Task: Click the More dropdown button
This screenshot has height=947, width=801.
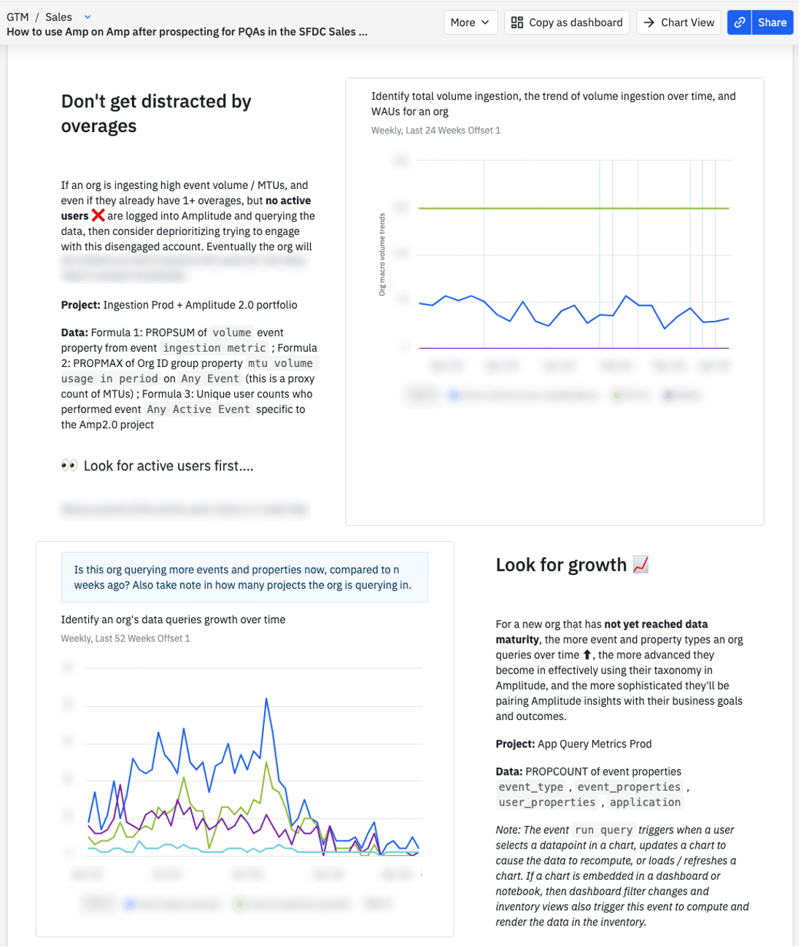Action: tap(470, 23)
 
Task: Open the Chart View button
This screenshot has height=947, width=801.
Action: tap(679, 23)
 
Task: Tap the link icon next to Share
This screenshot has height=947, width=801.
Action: tap(740, 23)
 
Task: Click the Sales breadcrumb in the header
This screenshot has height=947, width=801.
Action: tap(58, 17)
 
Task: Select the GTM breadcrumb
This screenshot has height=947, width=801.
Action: tap(18, 17)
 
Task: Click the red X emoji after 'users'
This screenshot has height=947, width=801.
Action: tap(98, 215)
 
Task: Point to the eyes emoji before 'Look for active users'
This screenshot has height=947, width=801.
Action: tap(69, 465)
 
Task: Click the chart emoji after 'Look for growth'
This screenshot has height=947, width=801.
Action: tap(641, 565)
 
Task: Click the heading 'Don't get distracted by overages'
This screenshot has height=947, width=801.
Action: tap(156, 114)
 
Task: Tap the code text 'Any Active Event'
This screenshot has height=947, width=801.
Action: tap(198, 409)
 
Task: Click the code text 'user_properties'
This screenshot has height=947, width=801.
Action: tap(547, 803)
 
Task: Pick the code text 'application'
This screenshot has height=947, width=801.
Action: tap(646, 803)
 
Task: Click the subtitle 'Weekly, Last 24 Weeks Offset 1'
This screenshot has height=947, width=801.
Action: tap(436, 131)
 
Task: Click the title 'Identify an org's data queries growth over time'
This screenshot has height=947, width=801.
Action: tap(173, 619)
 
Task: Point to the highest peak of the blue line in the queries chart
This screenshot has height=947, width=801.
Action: tap(267, 699)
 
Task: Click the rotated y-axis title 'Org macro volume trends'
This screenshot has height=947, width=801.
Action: tap(382, 254)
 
